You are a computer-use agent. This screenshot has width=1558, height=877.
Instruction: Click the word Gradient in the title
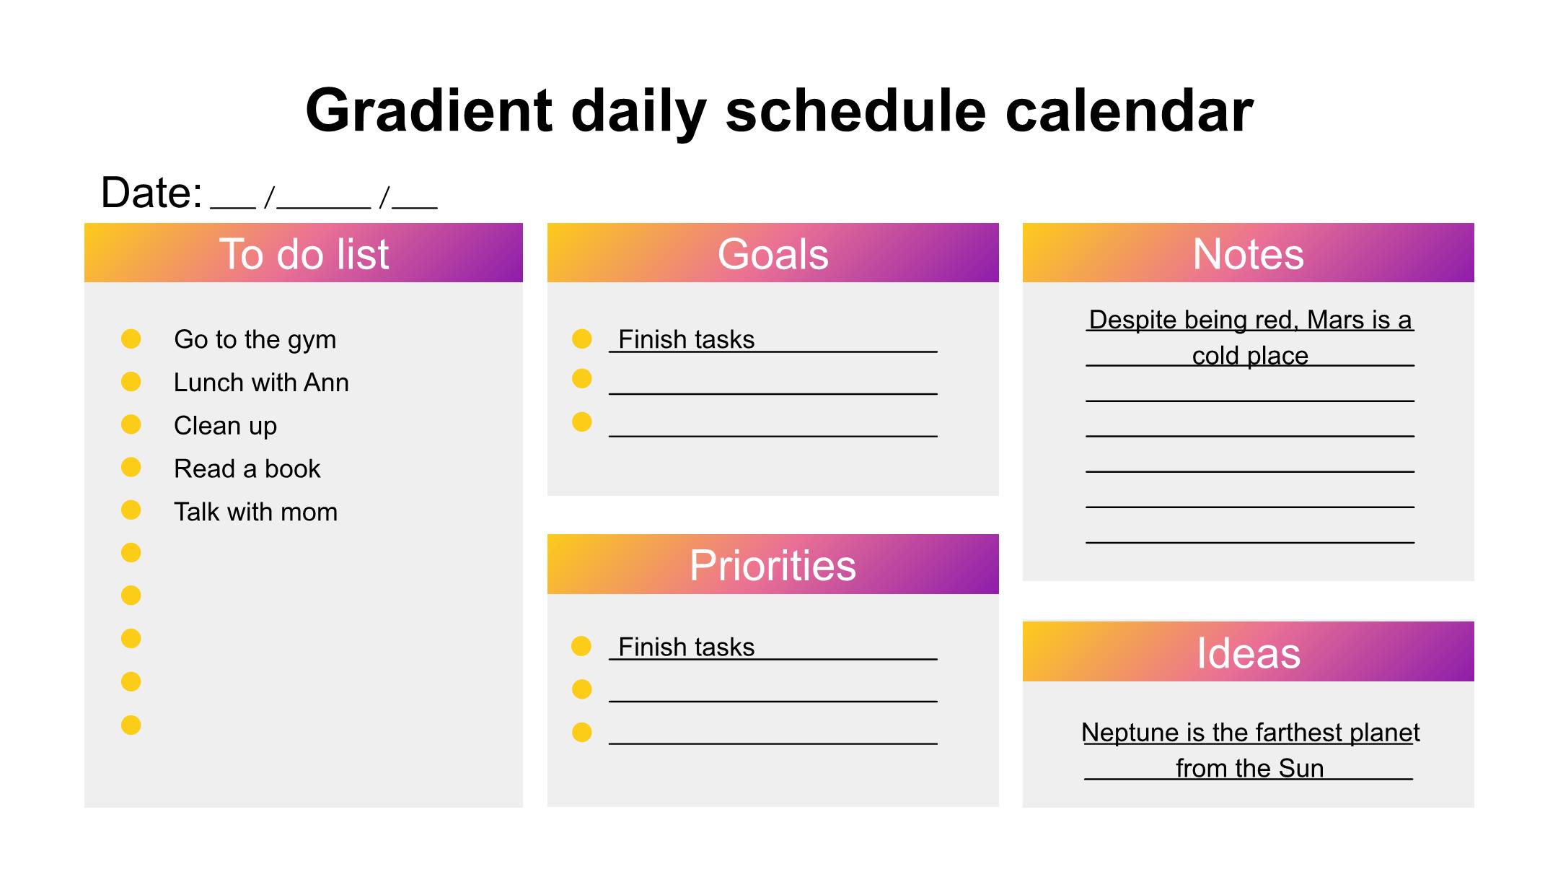coord(429,111)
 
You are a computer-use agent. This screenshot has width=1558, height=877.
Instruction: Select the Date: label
coord(151,193)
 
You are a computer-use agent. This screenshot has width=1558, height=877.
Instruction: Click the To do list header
coord(304,253)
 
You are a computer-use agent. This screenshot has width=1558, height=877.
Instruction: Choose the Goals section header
coord(773,253)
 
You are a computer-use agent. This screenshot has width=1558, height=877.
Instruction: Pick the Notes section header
coord(1249,253)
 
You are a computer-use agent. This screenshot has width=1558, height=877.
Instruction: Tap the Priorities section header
coord(773,564)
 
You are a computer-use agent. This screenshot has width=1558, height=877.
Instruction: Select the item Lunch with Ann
coord(261,383)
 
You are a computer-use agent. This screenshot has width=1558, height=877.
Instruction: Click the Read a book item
coord(247,469)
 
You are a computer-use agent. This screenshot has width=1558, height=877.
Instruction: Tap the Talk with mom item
coord(255,512)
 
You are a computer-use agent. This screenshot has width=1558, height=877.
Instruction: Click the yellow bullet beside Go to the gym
coord(131,339)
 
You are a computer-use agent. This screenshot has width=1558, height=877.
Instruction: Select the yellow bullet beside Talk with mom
coord(131,510)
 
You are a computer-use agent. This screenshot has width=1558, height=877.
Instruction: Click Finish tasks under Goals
coord(686,339)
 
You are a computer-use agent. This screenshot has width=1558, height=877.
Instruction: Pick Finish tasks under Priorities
coord(686,647)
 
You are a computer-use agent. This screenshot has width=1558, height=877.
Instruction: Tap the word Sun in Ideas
coord(1301,769)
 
